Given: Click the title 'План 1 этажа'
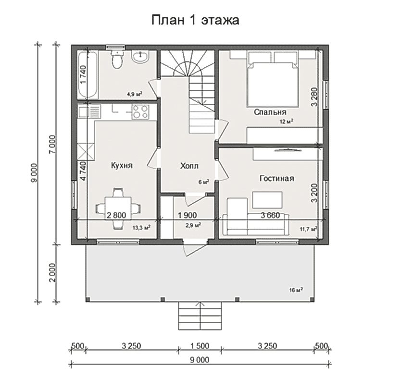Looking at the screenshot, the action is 195,20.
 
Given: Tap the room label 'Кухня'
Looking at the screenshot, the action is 122,166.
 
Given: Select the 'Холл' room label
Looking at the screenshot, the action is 189,166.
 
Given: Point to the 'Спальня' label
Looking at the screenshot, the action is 270,112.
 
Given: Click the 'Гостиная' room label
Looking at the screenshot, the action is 277,178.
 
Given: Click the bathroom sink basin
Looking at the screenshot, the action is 140,57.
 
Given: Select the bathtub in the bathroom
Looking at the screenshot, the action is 88,74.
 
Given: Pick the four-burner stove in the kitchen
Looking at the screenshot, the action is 140,111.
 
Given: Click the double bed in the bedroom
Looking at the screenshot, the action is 273,79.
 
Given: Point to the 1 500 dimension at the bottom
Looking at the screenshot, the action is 200,345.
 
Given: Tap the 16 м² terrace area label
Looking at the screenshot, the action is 296,290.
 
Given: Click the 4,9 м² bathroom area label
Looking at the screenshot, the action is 135,94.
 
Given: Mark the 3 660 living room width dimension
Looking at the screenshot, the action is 270,215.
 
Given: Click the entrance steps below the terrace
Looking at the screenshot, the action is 200,316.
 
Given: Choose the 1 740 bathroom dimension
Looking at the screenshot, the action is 83,75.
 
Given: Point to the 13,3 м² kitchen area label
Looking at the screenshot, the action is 141,228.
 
